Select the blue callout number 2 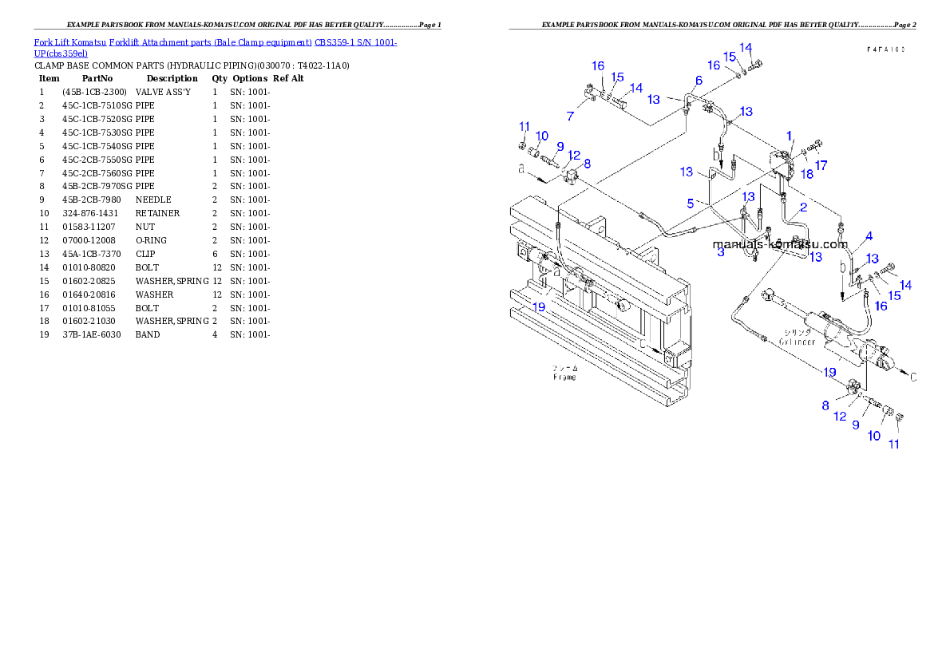pos(803,208)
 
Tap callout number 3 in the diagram pos(721,252)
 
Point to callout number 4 pos(869,235)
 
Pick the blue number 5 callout pos(691,204)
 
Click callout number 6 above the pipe pos(699,81)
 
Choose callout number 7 pos(570,117)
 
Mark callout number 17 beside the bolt pos(821,165)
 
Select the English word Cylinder pos(798,342)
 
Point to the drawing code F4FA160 pos(886,49)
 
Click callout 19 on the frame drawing pos(540,306)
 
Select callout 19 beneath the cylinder pos(830,372)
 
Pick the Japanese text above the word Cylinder pos(796,332)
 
